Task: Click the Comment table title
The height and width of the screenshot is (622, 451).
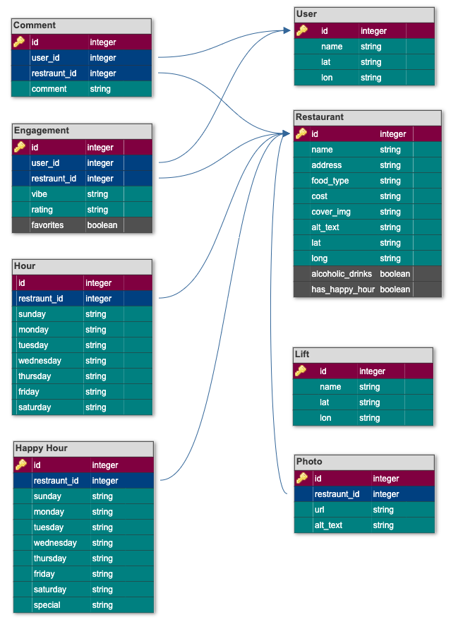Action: click(35, 25)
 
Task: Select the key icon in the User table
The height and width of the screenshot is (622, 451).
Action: click(302, 30)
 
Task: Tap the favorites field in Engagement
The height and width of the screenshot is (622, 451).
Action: click(47, 225)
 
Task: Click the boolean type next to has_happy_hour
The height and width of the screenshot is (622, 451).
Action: click(395, 289)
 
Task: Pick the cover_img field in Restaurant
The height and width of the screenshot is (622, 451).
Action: click(331, 212)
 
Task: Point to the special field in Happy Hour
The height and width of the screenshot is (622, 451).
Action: click(47, 605)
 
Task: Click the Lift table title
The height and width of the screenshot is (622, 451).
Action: click(302, 354)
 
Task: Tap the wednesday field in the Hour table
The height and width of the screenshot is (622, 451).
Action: click(40, 361)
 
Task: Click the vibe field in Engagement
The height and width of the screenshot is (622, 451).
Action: click(40, 194)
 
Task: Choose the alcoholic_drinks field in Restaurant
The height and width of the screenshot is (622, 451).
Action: click(342, 274)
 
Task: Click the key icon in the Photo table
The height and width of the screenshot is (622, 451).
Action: click(302, 478)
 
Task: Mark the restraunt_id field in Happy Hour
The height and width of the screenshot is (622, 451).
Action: click(56, 481)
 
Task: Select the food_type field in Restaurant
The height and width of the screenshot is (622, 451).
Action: click(330, 181)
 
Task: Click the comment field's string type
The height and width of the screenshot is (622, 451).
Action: click(100, 89)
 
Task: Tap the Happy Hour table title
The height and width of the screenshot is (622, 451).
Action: click(42, 448)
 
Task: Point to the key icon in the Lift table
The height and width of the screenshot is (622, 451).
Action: click(301, 371)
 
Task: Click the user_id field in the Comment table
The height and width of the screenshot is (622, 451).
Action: click(45, 58)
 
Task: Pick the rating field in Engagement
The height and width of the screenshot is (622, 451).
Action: click(42, 210)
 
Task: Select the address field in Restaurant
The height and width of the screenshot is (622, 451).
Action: click(327, 165)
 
